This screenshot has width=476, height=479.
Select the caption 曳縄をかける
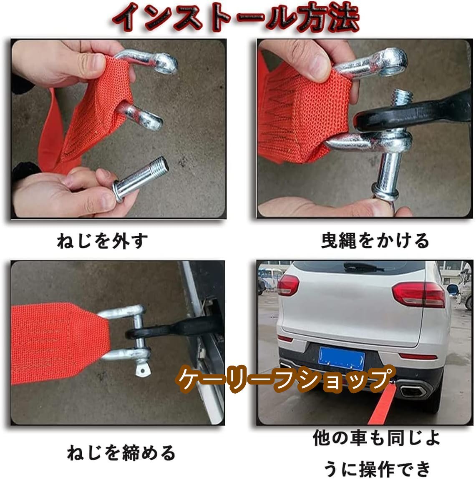(x=375, y=240)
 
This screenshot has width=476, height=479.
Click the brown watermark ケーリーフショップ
(x=285, y=379)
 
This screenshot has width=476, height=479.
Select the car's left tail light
(x=288, y=285)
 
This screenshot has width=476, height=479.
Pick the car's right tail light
(x=419, y=294)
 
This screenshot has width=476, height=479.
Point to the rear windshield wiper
(x=363, y=267)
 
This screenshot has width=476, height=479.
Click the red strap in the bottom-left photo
(x=60, y=342)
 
